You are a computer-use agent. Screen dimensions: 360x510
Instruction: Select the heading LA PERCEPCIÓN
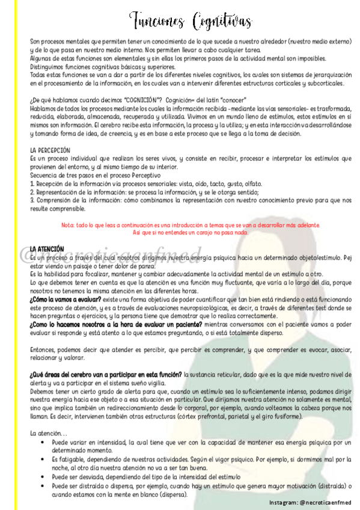point(50,150)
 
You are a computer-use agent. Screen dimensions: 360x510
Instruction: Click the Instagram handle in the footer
point(310,502)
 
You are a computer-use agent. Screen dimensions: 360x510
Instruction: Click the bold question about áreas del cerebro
point(106,374)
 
